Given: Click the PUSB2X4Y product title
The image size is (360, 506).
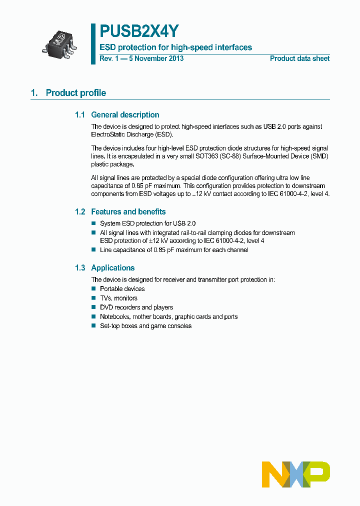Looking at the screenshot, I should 138,31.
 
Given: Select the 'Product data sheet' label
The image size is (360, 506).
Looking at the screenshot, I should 299,58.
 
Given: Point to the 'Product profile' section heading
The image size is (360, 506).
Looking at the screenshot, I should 75,93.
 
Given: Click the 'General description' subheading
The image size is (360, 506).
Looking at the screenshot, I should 125,115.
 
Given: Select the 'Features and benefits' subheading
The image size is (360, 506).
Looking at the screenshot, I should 128,212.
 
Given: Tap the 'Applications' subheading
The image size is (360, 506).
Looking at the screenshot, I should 112,268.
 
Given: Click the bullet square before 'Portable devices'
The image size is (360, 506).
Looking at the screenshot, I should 93,288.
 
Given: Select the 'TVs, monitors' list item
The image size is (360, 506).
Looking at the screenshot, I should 118,298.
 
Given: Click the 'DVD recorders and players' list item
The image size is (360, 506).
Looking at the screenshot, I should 136,307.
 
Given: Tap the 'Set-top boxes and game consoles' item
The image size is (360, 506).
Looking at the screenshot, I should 145,326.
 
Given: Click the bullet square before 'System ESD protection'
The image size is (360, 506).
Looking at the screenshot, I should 93,223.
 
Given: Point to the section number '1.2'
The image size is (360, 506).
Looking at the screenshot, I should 80,212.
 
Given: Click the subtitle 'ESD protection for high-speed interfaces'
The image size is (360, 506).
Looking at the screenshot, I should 175,47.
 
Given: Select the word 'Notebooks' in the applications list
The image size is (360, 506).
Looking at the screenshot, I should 114,317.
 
